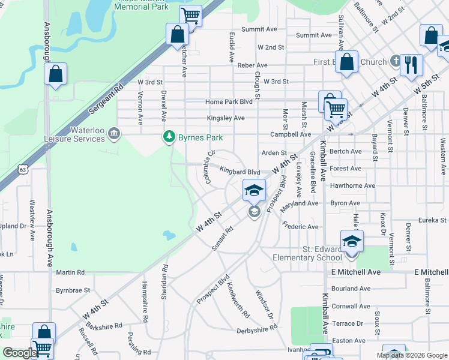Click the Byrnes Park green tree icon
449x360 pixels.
pos(170,137)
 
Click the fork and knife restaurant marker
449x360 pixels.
pos(411,64)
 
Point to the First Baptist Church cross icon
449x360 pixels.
pos(395,61)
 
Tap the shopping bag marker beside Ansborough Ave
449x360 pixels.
pos(55,74)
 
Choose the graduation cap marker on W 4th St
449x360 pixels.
pos(254,191)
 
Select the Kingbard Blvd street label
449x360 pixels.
pos(239,172)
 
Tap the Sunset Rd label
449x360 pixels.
pos(221,238)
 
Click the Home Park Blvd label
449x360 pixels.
pos(229,102)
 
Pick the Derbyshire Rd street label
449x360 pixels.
pos(257,329)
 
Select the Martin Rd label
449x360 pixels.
pos(70,272)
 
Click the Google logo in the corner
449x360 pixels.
pos(20,352)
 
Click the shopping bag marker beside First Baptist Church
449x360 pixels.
pos(346,62)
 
